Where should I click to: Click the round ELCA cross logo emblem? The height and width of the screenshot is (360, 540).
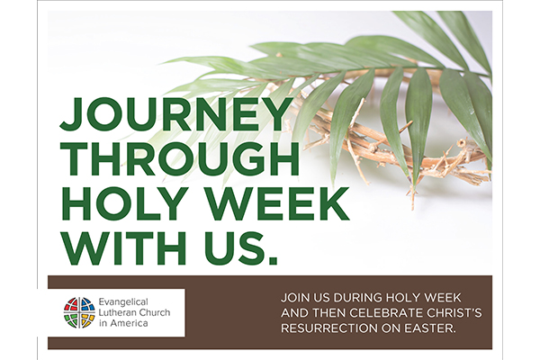(x=78, y=312)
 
